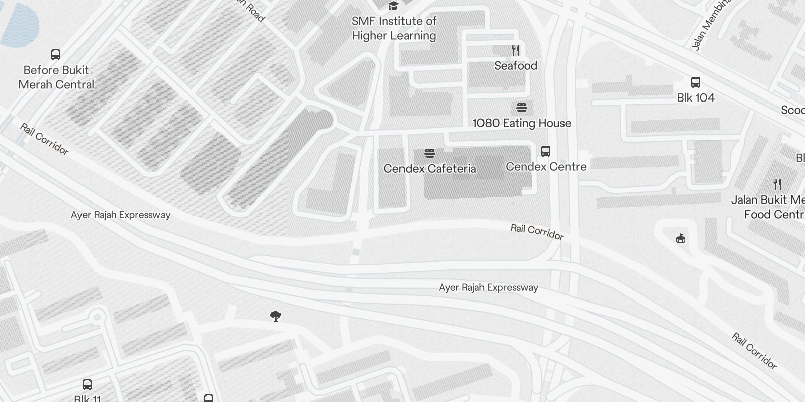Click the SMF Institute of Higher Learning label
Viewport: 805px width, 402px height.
(394, 28)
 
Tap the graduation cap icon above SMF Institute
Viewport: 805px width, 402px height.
(393, 6)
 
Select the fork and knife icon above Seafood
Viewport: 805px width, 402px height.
(515, 50)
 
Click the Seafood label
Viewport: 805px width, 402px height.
(516, 66)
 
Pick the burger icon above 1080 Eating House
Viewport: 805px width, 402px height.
(522, 108)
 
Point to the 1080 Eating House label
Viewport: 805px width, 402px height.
(522, 123)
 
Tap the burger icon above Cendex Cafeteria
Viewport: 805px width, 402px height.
(429, 153)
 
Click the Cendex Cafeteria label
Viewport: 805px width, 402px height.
(430, 169)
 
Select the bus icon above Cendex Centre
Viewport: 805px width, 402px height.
(546, 151)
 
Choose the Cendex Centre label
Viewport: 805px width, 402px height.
(546, 167)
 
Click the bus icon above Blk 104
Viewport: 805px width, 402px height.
(696, 82)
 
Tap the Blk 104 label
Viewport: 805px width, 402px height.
(696, 98)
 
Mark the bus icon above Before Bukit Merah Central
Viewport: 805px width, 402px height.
(56, 55)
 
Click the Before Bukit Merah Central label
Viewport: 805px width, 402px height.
(56, 77)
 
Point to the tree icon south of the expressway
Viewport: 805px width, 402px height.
(275, 316)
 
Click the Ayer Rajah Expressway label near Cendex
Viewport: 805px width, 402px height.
(489, 288)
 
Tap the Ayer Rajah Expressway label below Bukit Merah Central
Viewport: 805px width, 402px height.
(121, 215)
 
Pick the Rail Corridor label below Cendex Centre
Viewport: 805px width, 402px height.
(537, 232)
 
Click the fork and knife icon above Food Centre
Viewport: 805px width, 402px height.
(777, 184)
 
